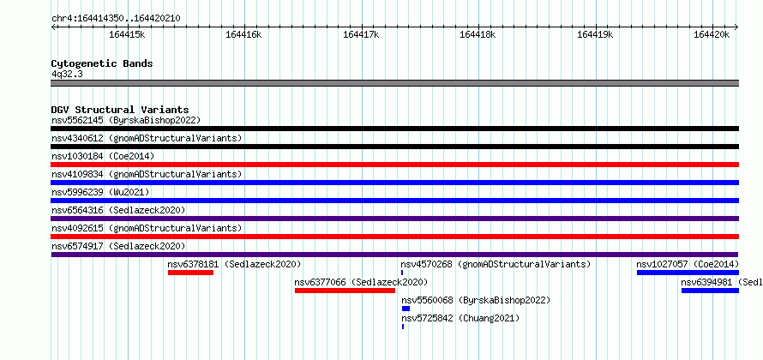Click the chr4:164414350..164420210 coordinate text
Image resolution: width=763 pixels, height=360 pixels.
[x=116, y=19]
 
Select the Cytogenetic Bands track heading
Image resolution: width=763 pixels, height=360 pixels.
[x=102, y=63]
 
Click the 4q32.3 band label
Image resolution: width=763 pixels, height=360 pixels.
[x=67, y=74]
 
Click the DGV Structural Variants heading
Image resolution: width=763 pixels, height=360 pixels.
[x=120, y=110]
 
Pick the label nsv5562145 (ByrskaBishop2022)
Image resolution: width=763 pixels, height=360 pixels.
[x=126, y=120]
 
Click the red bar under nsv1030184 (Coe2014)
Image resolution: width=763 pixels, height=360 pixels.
[x=394, y=165]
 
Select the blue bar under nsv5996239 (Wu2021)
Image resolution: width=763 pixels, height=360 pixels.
[x=394, y=201]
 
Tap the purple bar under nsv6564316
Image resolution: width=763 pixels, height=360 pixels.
[x=394, y=219]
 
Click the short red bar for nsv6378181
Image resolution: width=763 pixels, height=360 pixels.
[x=190, y=273]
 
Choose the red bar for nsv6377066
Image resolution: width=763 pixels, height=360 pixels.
[x=345, y=291]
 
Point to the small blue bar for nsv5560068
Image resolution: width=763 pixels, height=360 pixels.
[x=406, y=309]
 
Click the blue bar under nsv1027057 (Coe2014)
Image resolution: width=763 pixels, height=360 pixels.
[x=688, y=273]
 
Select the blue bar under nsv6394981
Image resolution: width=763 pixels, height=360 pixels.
[x=710, y=291]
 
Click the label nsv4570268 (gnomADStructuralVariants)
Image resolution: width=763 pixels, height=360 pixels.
[x=496, y=264]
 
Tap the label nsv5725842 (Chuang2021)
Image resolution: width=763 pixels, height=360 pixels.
[x=460, y=318]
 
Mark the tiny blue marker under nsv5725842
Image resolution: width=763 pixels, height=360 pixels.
[x=403, y=327]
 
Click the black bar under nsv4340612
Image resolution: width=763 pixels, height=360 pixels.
[x=394, y=147]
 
